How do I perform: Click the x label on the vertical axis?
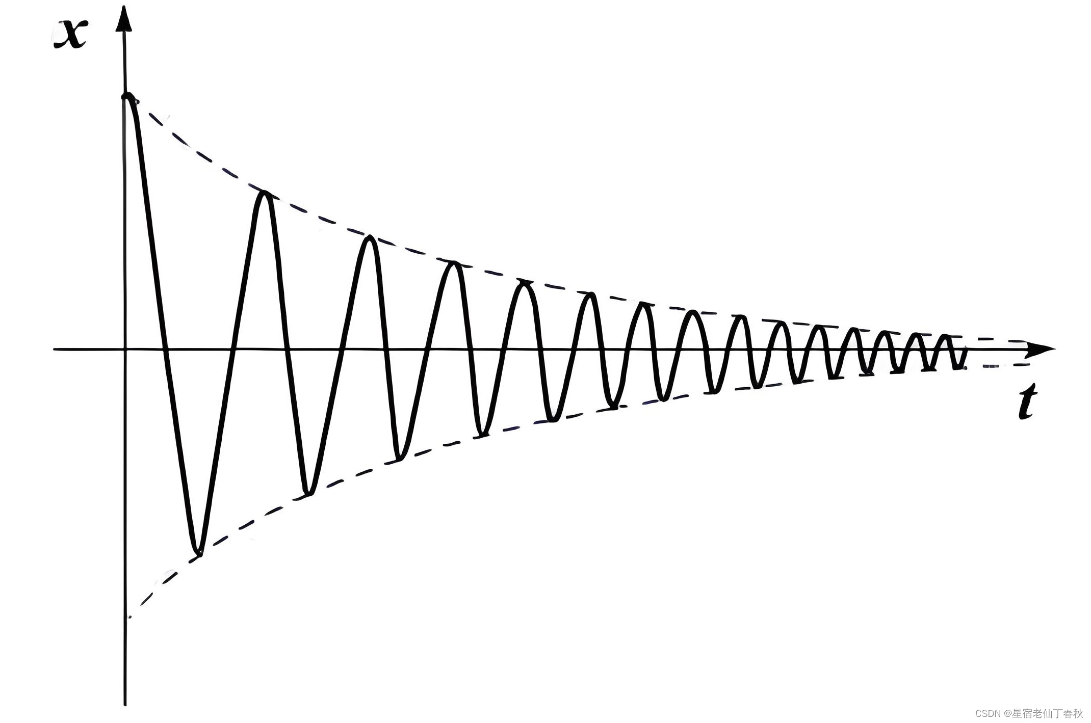click(x=70, y=35)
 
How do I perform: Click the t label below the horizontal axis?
click(x=1026, y=403)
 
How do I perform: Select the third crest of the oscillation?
click(x=371, y=239)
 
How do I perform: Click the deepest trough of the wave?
click(x=199, y=552)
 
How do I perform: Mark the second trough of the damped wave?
click(x=308, y=493)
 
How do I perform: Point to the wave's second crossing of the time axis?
click(x=232, y=350)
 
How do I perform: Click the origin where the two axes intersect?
click(x=124, y=350)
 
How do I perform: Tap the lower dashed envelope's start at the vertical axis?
click(x=129, y=617)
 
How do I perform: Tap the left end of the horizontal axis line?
click(x=55, y=350)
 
